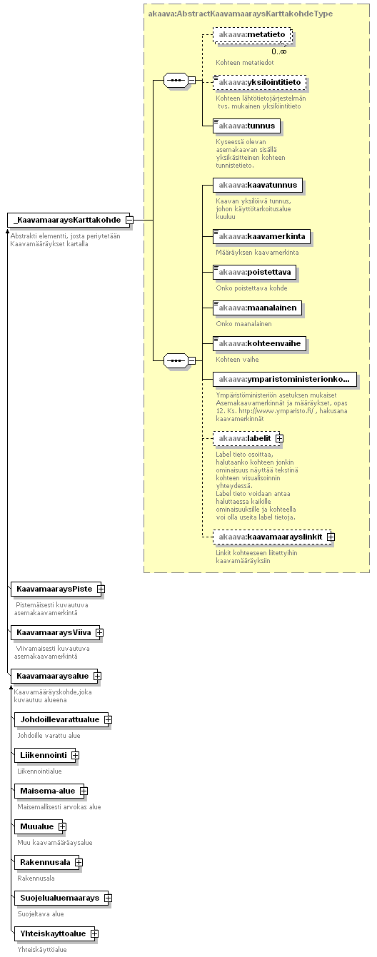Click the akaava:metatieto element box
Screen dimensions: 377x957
pos(252,34)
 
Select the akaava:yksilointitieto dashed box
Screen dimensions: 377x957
pos(259,82)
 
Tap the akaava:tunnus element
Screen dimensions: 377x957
pos(246,126)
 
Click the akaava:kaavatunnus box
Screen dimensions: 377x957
pos(258,185)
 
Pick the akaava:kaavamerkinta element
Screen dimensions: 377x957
pos(261,236)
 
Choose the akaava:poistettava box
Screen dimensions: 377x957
pos(254,272)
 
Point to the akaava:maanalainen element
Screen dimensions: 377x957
pos(257,308)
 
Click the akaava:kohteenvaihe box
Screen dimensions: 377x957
pos(259,343)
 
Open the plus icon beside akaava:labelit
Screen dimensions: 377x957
pos(280,438)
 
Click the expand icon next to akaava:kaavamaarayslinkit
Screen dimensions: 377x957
pos(331,537)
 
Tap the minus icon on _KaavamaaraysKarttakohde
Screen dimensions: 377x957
pos(129,220)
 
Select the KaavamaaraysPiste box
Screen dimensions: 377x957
pos(56,589)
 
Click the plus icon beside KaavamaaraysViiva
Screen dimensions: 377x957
pos(99,632)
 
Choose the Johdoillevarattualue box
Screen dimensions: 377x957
pos(61,719)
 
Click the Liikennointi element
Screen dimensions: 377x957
pos(45,755)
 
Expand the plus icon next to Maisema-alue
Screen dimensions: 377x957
pos(84,791)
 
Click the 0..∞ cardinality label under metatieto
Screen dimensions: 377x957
pos(279,51)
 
